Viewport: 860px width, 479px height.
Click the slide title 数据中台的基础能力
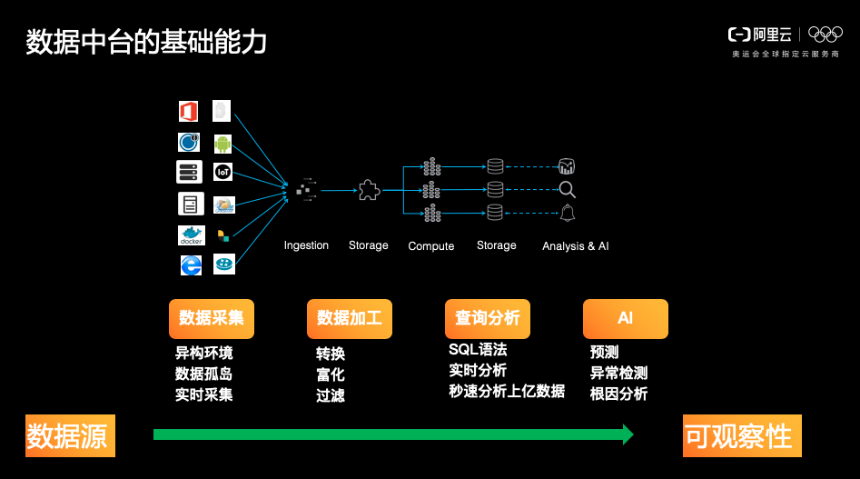pyautogui.click(x=146, y=42)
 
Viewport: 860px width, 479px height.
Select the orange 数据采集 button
pyautogui.click(x=212, y=319)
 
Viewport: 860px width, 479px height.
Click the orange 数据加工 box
pyautogui.click(x=350, y=319)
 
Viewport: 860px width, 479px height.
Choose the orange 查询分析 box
pyautogui.click(x=488, y=319)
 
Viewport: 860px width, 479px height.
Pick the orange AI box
pyautogui.click(x=625, y=319)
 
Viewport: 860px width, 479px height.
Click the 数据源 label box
pyautogui.click(x=67, y=436)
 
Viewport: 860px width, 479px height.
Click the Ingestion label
pyautogui.click(x=306, y=245)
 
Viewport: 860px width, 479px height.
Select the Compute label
pyautogui.click(x=431, y=246)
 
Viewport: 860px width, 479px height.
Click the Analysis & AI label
pyautogui.click(x=575, y=246)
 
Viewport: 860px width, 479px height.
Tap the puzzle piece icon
pyautogui.click(x=368, y=190)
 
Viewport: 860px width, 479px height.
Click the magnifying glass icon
pyautogui.click(x=568, y=190)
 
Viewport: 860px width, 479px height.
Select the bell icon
pyautogui.click(x=568, y=213)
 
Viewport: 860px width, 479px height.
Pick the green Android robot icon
pyautogui.click(x=223, y=143)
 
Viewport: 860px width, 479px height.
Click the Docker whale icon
pyautogui.click(x=191, y=235)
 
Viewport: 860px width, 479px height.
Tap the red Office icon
pyautogui.click(x=189, y=111)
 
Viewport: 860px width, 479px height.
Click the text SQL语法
pyautogui.click(x=478, y=350)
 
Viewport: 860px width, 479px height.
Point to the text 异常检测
pyautogui.click(x=618, y=374)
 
